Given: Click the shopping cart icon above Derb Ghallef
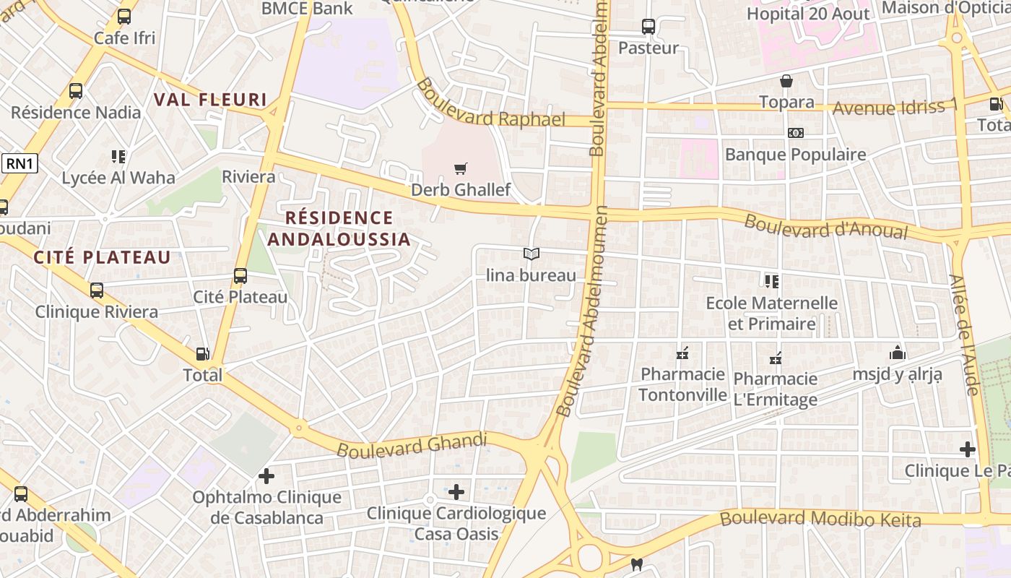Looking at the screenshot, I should (460, 169).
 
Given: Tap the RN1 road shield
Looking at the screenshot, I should (19, 164).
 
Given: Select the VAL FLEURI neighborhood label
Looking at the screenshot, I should (210, 100).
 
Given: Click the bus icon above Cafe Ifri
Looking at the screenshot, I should (124, 17).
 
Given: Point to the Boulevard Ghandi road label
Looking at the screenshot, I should (412, 444).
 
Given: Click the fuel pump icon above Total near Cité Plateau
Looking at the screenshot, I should (204, 354).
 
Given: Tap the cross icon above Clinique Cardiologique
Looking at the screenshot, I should (456, 492).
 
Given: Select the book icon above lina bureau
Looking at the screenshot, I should (531, 254).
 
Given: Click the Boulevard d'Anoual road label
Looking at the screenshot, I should (825, 226).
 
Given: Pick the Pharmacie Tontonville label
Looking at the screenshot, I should (682, 384).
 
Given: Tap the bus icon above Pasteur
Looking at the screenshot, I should (648, 27).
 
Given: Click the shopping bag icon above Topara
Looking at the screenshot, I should (786, 81).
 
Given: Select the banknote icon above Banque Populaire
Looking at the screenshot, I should (795, 133).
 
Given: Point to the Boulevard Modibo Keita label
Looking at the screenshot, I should (820, 519).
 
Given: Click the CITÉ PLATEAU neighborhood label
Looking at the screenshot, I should (102, 257).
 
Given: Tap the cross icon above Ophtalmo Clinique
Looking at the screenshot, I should (266, 476).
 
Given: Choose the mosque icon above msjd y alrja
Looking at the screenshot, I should (898, 353).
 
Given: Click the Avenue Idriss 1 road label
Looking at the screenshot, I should (895, 107).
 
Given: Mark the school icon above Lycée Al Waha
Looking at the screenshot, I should (118, 156).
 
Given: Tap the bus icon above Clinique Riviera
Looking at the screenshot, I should (97, 290).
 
